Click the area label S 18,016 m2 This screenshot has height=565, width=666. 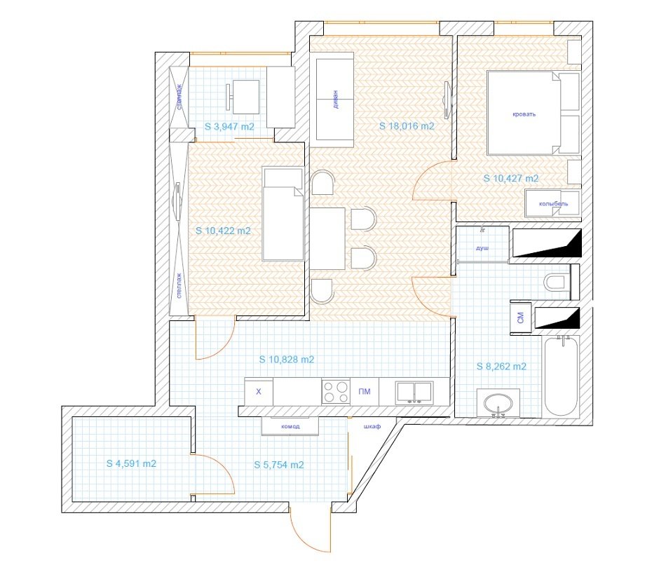point(407,126)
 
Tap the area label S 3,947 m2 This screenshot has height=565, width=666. point(229,127)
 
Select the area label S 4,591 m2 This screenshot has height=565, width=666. point(131,463)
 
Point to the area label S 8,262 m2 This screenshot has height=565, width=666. point(501,366)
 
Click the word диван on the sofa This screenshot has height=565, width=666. point(336,100)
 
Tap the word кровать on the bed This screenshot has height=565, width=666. point(524,114)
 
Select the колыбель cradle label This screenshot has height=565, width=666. point(553,204)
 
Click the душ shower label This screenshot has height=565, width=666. point(482,248)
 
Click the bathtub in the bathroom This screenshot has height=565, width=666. point(562,376)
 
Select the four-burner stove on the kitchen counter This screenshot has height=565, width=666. point(336,391)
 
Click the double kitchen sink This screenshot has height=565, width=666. point(414,392)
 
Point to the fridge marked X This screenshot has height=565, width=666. point(259,391)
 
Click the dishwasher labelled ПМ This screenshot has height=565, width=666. point(365,391)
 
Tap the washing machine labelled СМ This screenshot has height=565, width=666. point(521,318)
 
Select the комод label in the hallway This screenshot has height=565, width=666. point(290,426)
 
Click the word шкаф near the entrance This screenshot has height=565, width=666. point(372,426)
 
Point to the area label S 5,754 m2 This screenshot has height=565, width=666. point(279,465)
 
